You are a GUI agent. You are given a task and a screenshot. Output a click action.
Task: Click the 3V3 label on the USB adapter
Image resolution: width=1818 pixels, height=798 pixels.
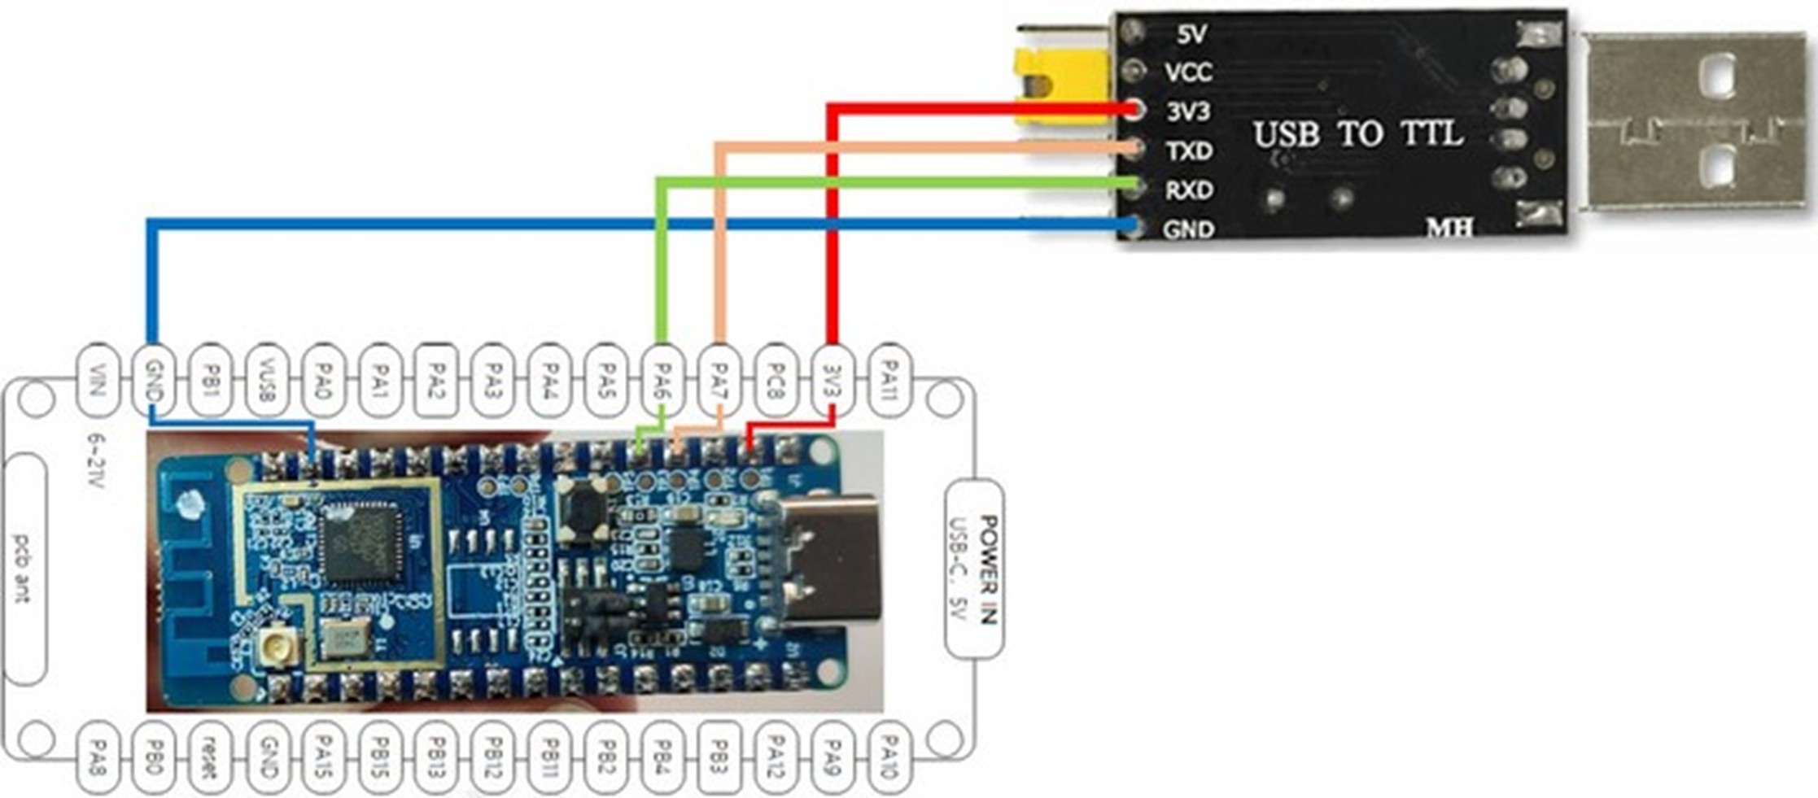pos(1188,111)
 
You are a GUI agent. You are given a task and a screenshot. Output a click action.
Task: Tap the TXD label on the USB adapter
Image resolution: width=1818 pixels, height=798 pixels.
pos(1189,151)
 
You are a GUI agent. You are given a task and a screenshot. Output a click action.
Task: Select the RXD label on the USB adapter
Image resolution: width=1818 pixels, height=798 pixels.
pos(1189,190)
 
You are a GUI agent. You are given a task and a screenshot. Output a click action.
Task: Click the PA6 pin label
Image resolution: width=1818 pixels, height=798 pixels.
pos(663,381)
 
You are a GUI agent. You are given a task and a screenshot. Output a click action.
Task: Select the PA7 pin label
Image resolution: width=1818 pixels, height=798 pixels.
pos(719,381)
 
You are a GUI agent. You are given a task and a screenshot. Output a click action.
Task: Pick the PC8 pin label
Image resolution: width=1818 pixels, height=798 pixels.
pos(776,381)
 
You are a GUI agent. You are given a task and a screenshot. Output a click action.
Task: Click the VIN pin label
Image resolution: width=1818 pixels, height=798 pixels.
pos(97,381)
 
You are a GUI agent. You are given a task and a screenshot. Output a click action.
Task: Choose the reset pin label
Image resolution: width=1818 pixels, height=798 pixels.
pos(210,757)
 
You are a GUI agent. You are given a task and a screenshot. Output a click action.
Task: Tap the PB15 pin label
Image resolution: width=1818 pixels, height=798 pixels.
pos(379,757)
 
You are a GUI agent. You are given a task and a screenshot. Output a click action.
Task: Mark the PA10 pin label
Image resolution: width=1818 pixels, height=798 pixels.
pos(889,757)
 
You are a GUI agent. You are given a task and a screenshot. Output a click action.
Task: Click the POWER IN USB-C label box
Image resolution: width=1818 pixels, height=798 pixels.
pos(974,569)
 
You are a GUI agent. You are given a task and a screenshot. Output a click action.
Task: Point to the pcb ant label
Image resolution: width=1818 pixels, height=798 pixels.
pos(24,569)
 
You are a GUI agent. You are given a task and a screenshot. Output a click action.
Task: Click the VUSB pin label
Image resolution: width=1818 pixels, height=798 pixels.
pos(266,381)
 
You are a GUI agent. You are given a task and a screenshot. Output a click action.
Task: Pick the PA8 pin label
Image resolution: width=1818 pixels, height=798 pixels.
pos(97,757)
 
